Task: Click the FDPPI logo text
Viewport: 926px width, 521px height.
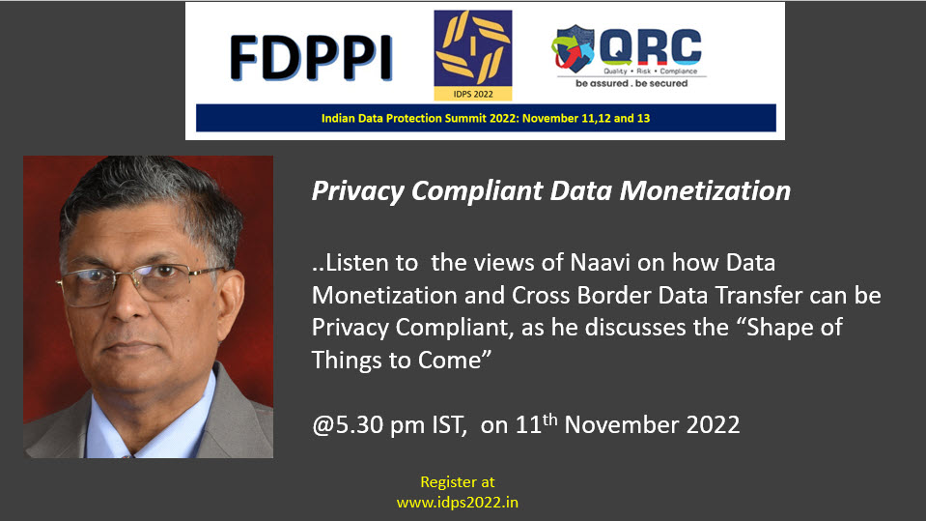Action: (x=311, y=57)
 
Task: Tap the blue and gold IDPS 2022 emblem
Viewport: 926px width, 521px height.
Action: (x=473, y=55)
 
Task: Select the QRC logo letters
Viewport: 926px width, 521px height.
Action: (x=651, y=46)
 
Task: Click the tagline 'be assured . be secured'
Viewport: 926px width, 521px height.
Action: (x=631, y=83)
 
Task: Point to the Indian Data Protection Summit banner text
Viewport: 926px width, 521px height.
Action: (x=486, y=118)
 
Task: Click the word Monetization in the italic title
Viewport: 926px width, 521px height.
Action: (x=705, y=191)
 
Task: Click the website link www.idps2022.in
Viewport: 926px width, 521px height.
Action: (x=457, y=503)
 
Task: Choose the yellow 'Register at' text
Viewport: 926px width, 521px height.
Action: (x=457, y=482)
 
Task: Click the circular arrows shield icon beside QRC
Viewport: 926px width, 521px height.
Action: (x=573, y=48)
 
